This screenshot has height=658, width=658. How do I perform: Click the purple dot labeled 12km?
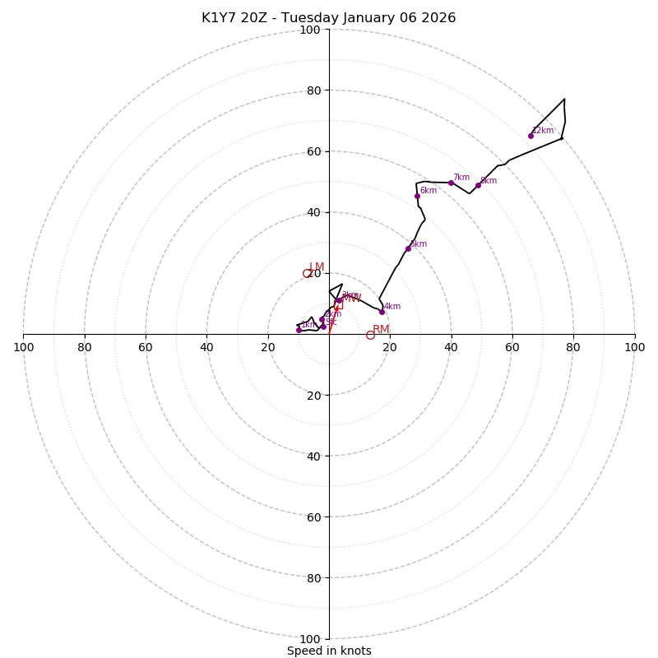tap(531, 136)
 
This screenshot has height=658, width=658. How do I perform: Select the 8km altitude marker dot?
tap(478, 185)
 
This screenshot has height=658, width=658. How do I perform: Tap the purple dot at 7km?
tap(451, 183)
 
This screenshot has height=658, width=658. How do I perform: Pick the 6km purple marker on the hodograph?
tap(417, 196)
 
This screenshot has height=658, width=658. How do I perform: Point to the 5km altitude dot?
tap(408, 248)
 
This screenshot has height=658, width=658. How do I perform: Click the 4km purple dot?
tap(382, 312)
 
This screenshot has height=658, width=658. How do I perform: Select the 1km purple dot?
tap(299, 330)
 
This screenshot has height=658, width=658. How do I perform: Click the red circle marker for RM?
tap(370, 335)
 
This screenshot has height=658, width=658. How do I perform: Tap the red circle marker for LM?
tap(307, 274)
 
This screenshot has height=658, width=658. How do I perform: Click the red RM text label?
tap(381, 329)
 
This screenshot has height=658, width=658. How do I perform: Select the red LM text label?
tap(317, 267)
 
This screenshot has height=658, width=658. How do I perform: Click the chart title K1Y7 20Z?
tap(329, 18)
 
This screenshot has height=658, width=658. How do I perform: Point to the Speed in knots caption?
tap(329, 651)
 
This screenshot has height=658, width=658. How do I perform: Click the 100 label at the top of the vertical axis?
tap(310, 30)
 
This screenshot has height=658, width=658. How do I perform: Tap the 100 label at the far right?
tap(634, 347)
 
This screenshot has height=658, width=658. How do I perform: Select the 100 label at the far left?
tap(24, 347)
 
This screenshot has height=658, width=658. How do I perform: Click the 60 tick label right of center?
tap(512, 347)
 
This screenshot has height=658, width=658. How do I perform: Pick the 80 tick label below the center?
tap(310, 577)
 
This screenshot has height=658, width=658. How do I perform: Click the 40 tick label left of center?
tap(206, 347)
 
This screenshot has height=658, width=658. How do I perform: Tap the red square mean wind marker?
tap(338, 306)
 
